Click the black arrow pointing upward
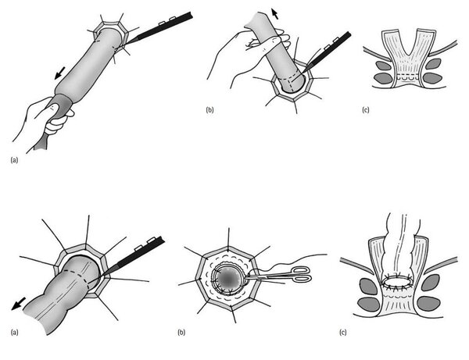[x=275, y=14]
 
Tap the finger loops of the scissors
[x=301, y=275]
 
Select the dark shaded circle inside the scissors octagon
[x=229, y=279]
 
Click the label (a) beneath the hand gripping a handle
[x=14, y=160]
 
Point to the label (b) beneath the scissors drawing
[x=181, y=332]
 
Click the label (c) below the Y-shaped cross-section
[x=366, y=110]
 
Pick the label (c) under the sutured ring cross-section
[x=343, y=332]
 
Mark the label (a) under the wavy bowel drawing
[x=14, y=332]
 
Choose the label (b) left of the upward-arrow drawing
[x=210, y=110]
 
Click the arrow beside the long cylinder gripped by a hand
[x=60, y=73]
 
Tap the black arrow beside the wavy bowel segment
[x=18, y=304]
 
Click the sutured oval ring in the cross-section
[x=398, y=282]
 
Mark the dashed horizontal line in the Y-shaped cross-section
[x=407, y=74]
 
